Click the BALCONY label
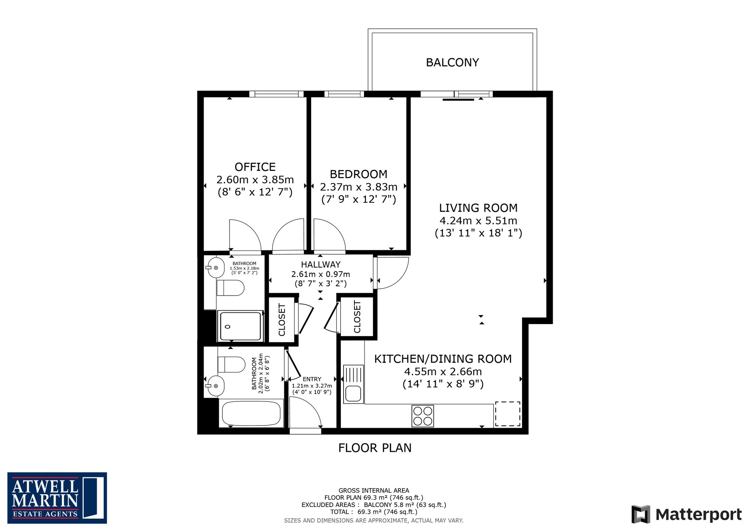click(452, 62)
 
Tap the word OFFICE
click(255, 167)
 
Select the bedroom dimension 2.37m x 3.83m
click(358, 187)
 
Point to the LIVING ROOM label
click(478, 208)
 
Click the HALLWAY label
click(321, 264)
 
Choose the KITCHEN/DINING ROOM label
click(443, 359)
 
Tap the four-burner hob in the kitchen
click(423, 416)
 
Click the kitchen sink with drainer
click(353, 384)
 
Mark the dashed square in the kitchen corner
click(508, 414)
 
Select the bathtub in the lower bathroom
click(251, 413)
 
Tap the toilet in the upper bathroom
click(230, 288)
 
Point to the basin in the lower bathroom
click(215, 386)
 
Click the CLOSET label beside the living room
click(357, 317)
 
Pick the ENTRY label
click(312, 379)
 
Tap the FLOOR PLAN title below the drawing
click(375, 448)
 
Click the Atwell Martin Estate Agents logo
click(57, 498)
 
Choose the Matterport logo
click(687, 514)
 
